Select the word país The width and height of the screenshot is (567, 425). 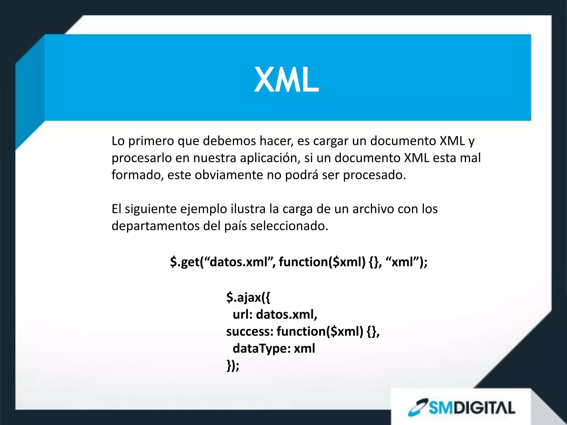point(235,226)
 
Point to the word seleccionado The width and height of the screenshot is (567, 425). point(289,226)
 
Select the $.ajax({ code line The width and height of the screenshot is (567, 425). point(248,297)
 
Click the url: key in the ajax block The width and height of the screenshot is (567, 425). point(243,315)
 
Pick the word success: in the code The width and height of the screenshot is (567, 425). point(250,331)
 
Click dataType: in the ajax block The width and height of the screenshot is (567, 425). point(262,349)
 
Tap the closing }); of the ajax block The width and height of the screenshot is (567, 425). point(233,366)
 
